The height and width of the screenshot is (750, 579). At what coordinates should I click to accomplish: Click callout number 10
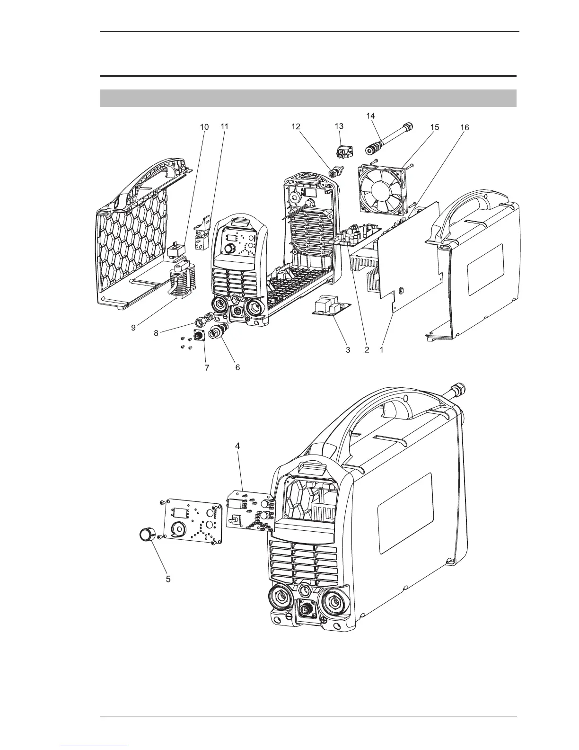pyautogui.click(x=204, y=127)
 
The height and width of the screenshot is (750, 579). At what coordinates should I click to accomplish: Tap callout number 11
pyautogui.click(x=225, y=127)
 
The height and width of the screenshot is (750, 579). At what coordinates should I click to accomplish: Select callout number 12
pyautogui.click(x=296, y=127)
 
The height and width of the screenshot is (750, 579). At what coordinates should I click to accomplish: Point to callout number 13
pyautogui.click(x=339, y=126)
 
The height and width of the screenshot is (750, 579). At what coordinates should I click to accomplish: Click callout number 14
pyautogui.click(x=371, y=116)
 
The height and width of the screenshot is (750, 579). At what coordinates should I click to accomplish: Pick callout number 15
pyautogui.click(x=434, y=127)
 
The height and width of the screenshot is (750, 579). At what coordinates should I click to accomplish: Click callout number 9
pyautogui.click(x=134, y=327)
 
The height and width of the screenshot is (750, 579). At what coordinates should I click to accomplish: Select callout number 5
pyautogui.click(x=168, y=579)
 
